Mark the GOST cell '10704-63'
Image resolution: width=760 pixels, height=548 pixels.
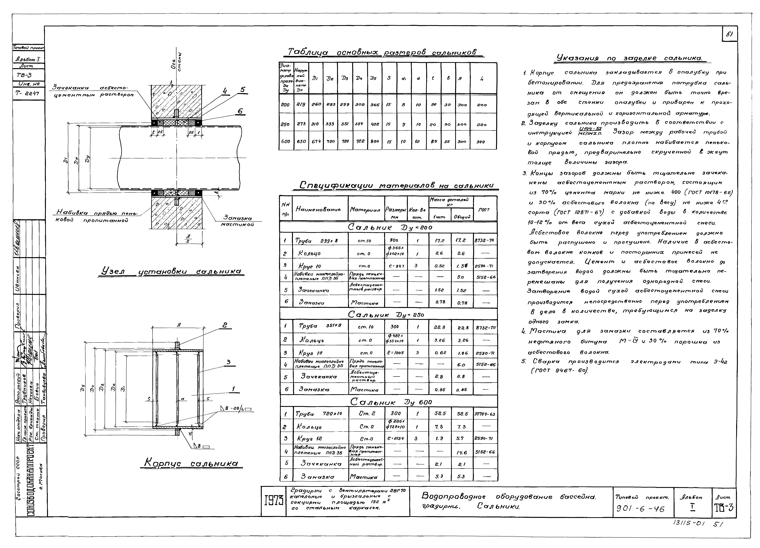pos(485,414)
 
